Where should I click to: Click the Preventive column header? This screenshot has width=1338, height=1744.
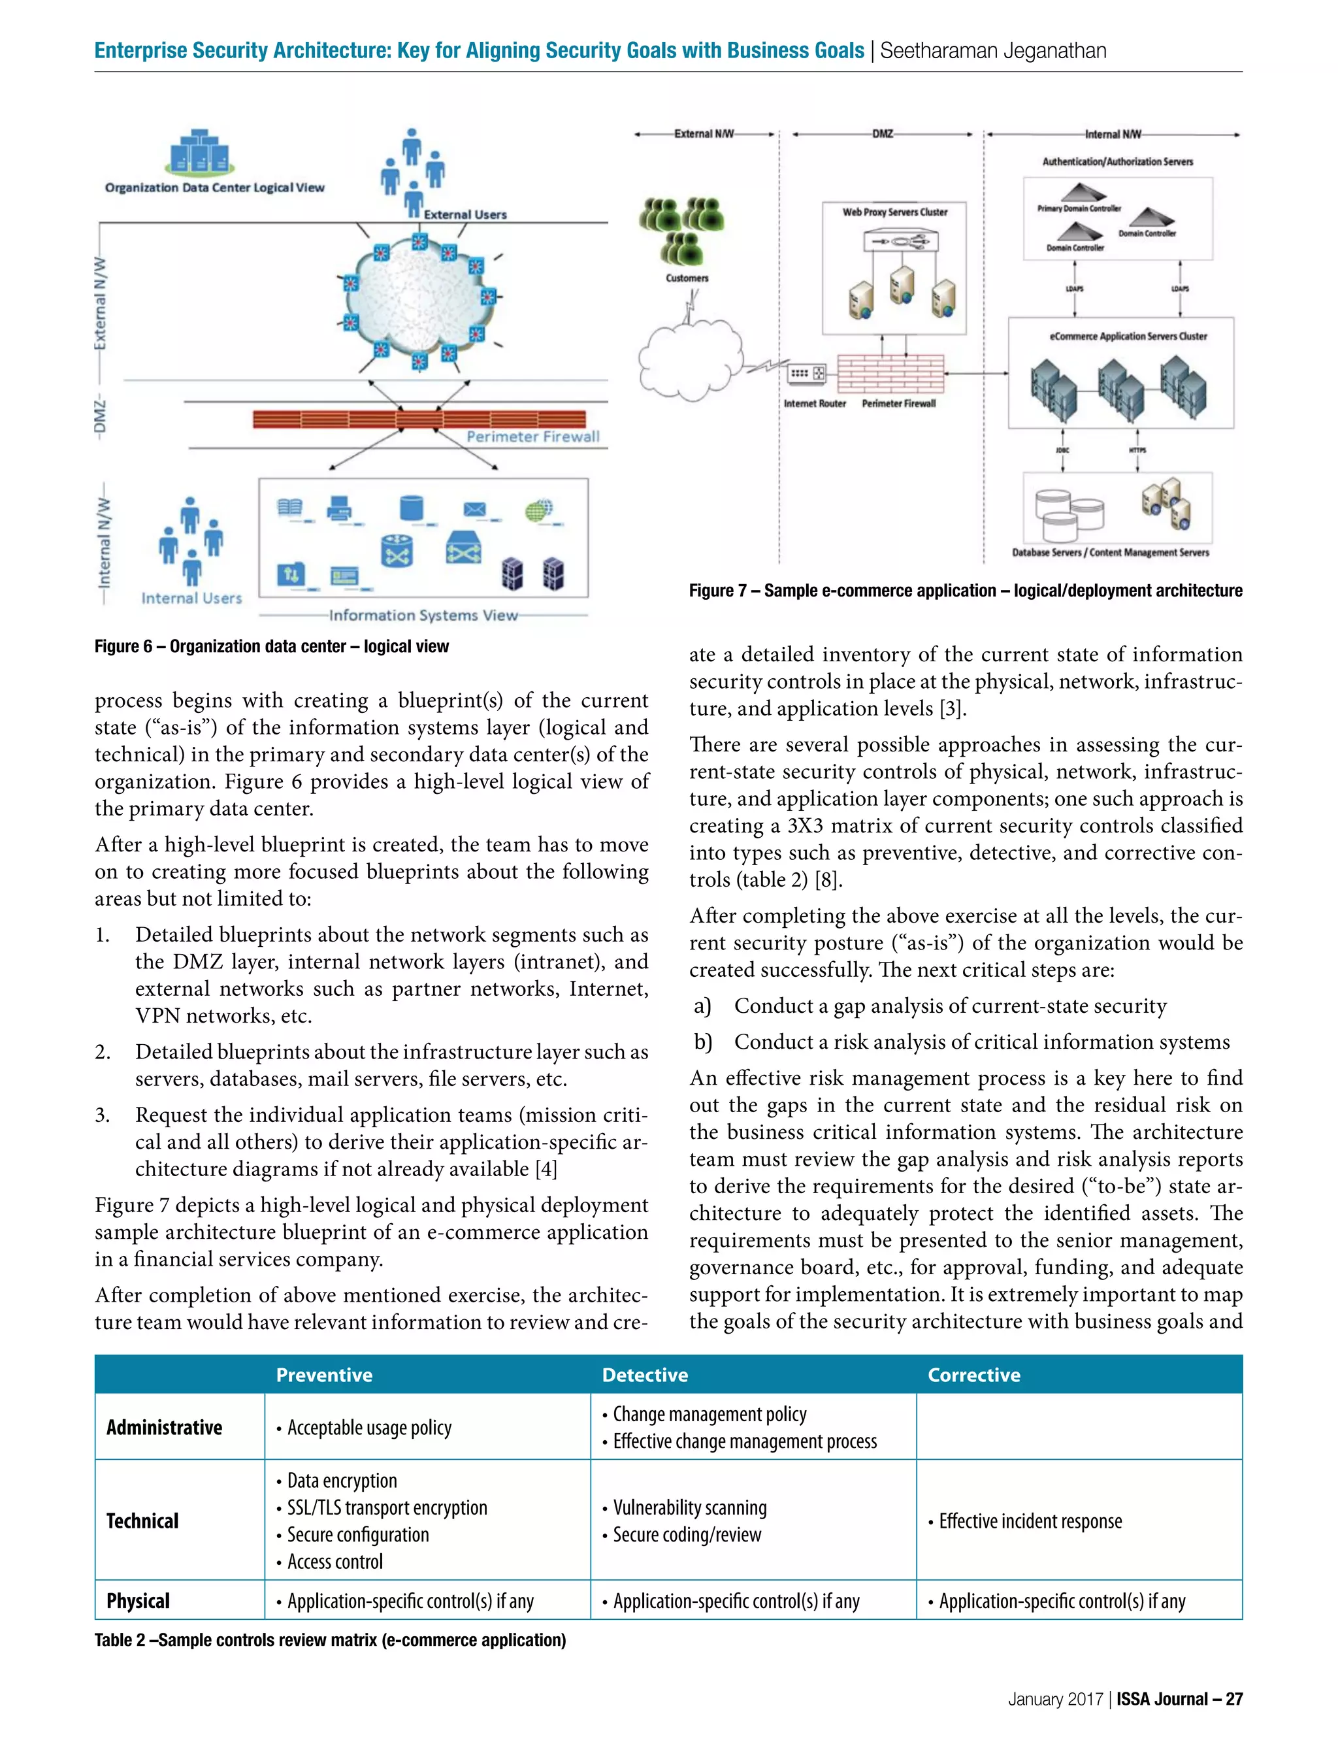pos(324,1375)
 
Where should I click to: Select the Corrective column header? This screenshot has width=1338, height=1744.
pos(973,1375)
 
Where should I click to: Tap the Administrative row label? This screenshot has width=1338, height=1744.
pos(164,1427)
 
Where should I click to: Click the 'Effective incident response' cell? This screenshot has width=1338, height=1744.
pos(1030,1521)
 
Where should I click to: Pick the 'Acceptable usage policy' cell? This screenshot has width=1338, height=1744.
pos(368,1428)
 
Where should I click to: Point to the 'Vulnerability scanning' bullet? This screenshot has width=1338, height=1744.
pos(689,1507)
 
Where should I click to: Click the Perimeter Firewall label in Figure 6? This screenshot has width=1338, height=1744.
pos(533,436)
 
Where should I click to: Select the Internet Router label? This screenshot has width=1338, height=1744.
pos(814,404)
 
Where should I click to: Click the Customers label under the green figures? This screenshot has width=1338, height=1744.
pos(687,278)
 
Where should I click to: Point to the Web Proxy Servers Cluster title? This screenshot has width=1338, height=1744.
pos(894,212)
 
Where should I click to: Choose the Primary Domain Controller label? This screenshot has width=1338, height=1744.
pos(1079,208)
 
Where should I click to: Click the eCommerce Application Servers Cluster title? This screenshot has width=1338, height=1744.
pos(1128,336)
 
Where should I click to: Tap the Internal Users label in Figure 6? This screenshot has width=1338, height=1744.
pos(191,598)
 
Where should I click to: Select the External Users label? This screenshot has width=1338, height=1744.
pos(465,214)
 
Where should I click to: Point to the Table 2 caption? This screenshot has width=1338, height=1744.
pos(330,1639)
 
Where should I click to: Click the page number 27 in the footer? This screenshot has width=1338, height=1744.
pos(1233,1699)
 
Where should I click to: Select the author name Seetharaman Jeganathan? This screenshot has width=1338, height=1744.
pos(992,51)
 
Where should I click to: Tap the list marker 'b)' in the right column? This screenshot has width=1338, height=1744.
pos(702,1042)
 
